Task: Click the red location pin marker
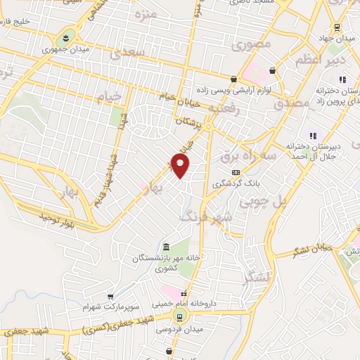click(181, 166)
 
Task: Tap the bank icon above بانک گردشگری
click(236, 172)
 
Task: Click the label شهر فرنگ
click(205, 216)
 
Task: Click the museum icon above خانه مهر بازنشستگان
click(166, 247)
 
